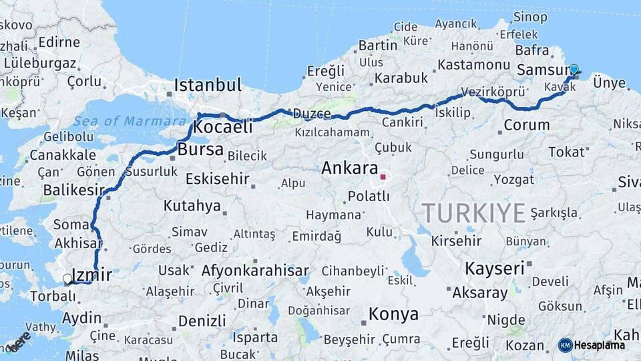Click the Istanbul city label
(208, 85)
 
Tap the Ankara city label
(350, 168)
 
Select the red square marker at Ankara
(383, 178)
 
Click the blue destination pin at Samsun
(574, 70)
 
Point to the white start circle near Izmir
(67, 278)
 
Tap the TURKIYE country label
(473, 213)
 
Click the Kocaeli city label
(223, 127)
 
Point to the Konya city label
(394, 314)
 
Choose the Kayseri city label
(494, 269)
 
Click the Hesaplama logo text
(600, 345)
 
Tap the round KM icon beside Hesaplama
(565, 345)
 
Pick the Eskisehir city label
(218, 179)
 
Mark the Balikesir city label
(74, 190)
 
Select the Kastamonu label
(474, 65)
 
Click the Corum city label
(527, 124)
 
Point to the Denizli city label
(202, 321)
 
